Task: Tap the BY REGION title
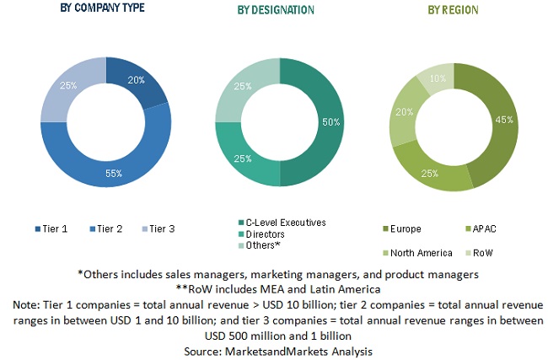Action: [453, 10]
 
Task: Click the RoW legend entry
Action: [481, 252]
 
